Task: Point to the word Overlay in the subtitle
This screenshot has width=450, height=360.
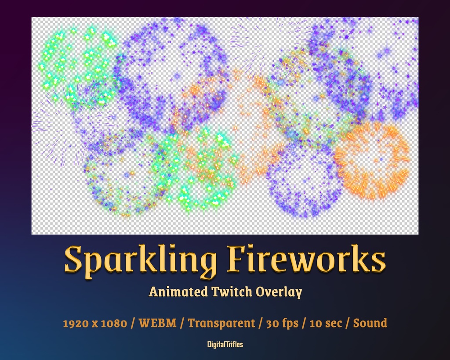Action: pyautogui.click(x=281, y=292)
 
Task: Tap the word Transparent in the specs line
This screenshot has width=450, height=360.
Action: pyautogui.click(x=221, y=324)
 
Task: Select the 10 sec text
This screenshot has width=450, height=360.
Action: pyautogui.click(x=327, y=324)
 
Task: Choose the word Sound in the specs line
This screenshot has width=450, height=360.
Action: pyautogui.click(x=370, y=324)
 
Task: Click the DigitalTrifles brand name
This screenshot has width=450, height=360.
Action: pyautogui.click(x=225, y=345)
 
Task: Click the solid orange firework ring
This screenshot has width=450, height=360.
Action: pyautogui.click(x=372, y=161)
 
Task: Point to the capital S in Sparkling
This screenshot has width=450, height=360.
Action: pyautogui.click(x=75, y=259)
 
